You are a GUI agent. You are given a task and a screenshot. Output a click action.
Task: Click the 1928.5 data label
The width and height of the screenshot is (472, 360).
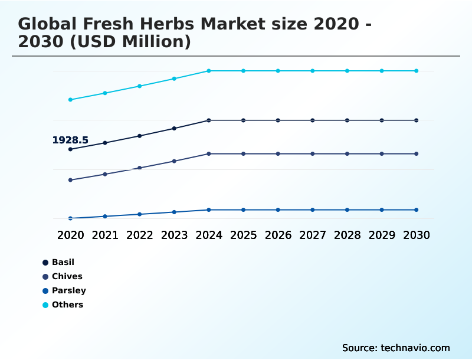(70, 140)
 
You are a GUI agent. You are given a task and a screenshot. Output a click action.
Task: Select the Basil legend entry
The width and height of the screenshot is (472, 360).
(63, 262)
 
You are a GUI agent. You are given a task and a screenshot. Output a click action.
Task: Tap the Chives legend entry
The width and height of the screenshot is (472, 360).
(67, 276)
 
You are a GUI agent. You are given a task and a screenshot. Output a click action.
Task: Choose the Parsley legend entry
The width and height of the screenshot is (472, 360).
(68, 290)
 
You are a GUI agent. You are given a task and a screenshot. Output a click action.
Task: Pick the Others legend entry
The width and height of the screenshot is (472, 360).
(67, 305)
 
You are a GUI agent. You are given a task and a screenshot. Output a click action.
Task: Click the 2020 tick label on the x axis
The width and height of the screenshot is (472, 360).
(70, 235)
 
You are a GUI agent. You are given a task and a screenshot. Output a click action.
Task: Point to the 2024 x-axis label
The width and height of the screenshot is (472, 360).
(209, 235)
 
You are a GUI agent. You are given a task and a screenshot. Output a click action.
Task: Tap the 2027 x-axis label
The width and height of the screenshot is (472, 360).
(313, 235)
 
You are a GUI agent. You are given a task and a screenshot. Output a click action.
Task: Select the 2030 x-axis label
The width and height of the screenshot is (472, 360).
(417, 235)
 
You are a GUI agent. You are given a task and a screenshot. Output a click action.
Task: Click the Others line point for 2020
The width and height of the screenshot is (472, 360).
(70, 100)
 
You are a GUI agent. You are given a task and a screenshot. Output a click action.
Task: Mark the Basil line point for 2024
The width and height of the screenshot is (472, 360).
(209, 120)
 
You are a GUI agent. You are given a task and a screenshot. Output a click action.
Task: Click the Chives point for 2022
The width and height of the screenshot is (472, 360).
(140, 168)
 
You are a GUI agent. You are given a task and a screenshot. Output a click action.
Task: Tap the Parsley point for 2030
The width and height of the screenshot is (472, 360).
(417, 210)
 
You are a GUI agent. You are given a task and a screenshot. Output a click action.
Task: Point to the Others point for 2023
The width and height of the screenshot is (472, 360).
(174, 78)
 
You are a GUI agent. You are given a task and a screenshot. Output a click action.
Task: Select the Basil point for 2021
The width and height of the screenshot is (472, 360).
(105, 143)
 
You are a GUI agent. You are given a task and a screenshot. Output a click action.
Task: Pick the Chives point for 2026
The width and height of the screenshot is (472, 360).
(278, 153)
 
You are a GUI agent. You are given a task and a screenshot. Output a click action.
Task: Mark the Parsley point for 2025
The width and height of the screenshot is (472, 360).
(243, 210)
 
